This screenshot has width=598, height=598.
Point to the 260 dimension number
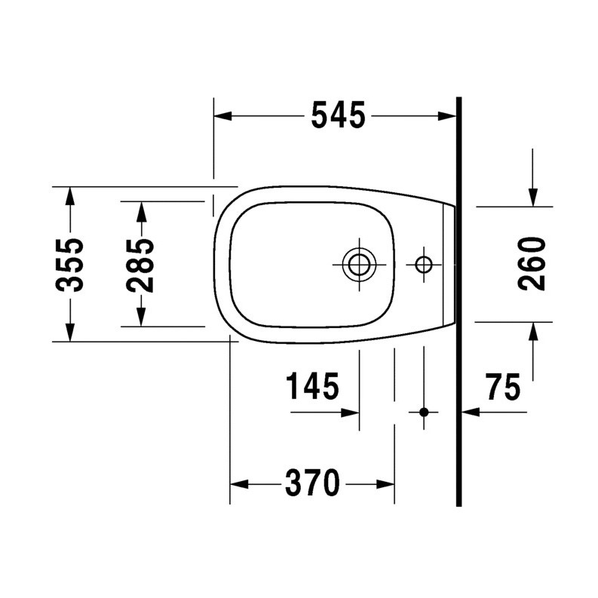click(532, 263)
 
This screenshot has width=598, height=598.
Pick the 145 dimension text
click(311, 388)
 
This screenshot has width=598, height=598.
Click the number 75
click(502, 388)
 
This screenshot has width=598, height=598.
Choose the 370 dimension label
click(311, 483)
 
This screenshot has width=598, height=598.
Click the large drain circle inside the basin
click(357, 264)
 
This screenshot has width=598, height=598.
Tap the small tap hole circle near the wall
click(424, 264)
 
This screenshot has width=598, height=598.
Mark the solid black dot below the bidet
click(424, 412)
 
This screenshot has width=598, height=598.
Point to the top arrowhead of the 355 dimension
click(69, 195)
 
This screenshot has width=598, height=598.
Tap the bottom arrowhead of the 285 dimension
click(141, 318)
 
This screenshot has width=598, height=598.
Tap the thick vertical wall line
click(458, 302)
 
